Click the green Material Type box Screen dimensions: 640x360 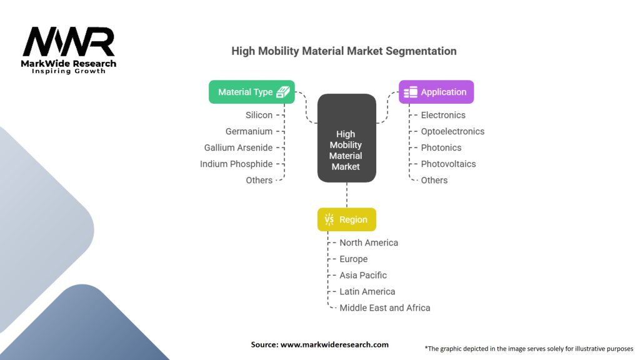pyautogui.click(x=251, y=92)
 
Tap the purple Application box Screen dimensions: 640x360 pyautogui.click(x=436, y=92)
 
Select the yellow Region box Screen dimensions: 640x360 pyautogui.click(x=346, y=219)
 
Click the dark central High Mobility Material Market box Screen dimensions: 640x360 pyautogui.click(x=346, y=138)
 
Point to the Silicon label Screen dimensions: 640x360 pyautogui.click(x=259, y=115)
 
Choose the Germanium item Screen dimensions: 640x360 pyautogui.click(x=249, y=131)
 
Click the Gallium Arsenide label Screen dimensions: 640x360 pyautogui.click(x=238, y=147)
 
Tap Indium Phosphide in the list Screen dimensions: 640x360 pyautogui.click(x=236, y=164)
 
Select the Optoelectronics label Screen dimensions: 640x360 pyautogui.click(x=452, y=131)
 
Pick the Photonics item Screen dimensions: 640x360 pyautogui.click(x=441, y=147)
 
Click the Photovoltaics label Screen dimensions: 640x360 pyautogui.click(x=448, y=164)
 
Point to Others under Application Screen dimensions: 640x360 pyautogui.click(x=434, y=181)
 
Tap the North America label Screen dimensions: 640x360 pyautogui.click(x=369, y=243)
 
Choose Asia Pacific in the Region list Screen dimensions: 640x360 pyautogui.click(x=363, y=276)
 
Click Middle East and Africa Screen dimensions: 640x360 pyautogui.click(x=385, y=307)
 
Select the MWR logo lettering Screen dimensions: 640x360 pyautogui.click(x=69, y=42)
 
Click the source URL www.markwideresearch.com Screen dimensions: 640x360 pyautogui.click(x=334, y=344)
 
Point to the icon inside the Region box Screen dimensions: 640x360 pyautogui.click(x=329, y=219)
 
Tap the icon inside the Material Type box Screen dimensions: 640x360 pyautogui.click(x=283, y=92)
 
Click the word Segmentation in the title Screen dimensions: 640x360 pyautogui.click(x=421, y=51)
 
